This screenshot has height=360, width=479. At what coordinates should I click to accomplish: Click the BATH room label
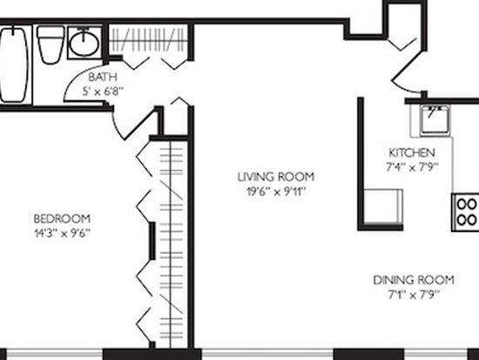103,77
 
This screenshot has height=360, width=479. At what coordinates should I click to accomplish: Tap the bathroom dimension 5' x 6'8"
103,91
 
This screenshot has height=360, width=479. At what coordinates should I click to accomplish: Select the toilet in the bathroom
51,44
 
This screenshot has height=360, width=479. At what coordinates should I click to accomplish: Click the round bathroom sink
84,43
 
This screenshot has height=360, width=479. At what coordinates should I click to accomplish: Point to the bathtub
13,65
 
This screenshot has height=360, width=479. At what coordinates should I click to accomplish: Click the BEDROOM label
62,219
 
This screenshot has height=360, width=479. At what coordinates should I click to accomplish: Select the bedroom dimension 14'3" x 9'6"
62,234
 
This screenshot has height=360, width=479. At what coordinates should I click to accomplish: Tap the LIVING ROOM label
276,177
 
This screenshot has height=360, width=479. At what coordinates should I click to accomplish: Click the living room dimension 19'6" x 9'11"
276,192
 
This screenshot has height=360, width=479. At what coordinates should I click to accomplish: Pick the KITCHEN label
412,153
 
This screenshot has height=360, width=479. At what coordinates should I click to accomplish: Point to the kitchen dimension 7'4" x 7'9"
412,167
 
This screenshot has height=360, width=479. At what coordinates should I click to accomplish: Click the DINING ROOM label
414,280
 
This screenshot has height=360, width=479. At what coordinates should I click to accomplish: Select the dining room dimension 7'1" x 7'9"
414,295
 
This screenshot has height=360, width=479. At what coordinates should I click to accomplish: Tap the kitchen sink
435,120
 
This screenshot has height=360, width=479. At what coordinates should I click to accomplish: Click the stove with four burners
465,212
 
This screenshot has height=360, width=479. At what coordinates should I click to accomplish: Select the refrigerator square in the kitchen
383,207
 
